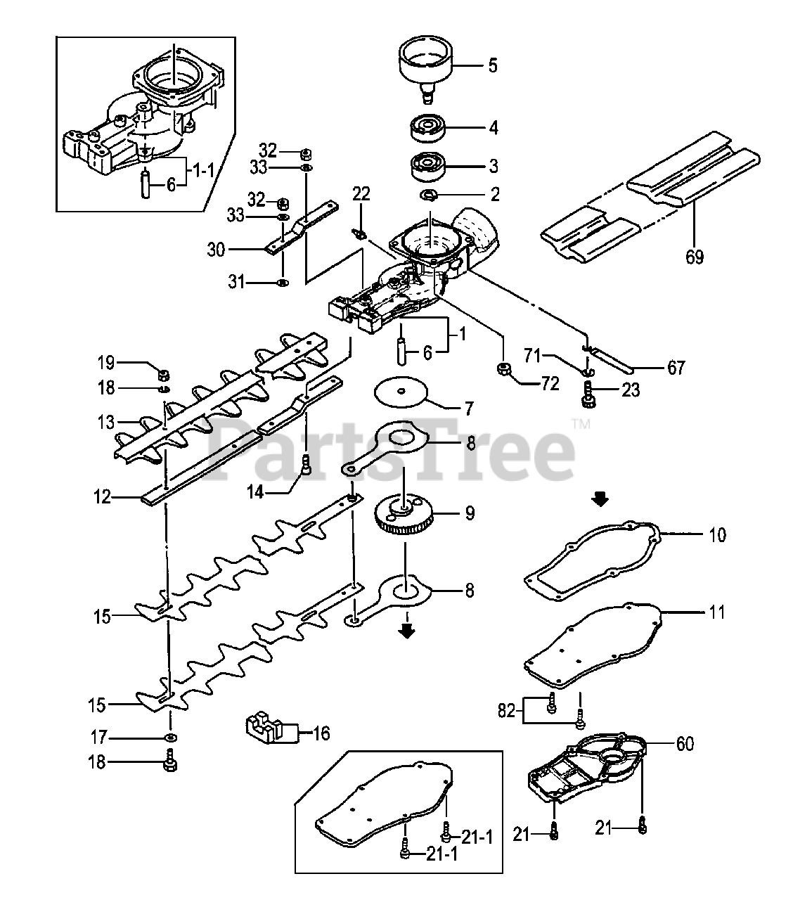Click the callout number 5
(x=492, y=65)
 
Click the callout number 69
(x=695, y=257)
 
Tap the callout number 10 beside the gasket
(x=717, y=535)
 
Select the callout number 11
(x=716, y=612)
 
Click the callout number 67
(x=676, y=367)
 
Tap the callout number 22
(x=361, y=193)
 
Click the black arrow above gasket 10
(x=599, y=499)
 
